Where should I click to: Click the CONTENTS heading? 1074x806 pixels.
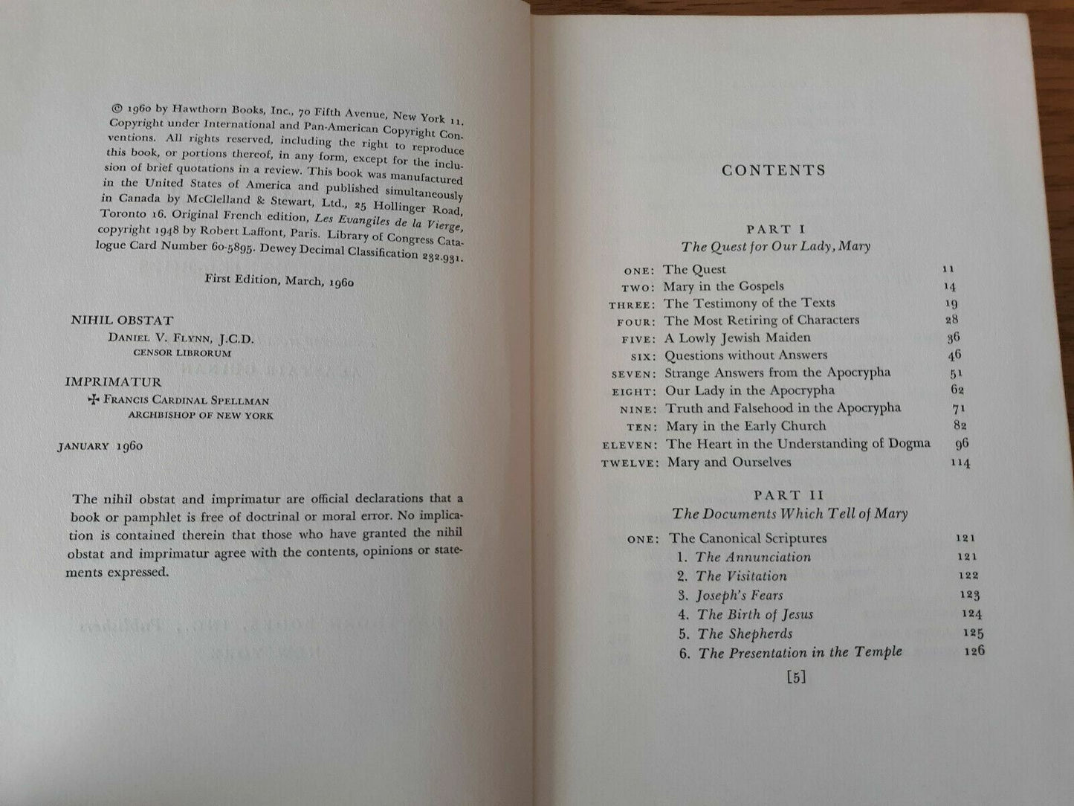coord(773,170)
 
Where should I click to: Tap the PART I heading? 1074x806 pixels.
coord(776,230)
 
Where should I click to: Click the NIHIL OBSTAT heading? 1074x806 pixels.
coord(122,320)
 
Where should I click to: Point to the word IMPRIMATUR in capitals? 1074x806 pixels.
coord(113,382)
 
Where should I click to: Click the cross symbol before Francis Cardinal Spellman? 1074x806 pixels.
coord(94,399)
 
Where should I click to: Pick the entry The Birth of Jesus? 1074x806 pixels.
coord(754,615)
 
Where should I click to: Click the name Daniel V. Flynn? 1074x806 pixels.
coord(181,339)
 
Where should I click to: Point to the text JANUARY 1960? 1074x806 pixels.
coord(100,446)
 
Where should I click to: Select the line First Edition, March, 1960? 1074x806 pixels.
coord(279,281)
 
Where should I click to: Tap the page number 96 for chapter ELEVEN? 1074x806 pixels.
coord(962,445)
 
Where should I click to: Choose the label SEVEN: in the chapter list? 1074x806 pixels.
coord(633,374)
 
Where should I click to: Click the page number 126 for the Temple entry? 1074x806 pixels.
coord(972,651)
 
